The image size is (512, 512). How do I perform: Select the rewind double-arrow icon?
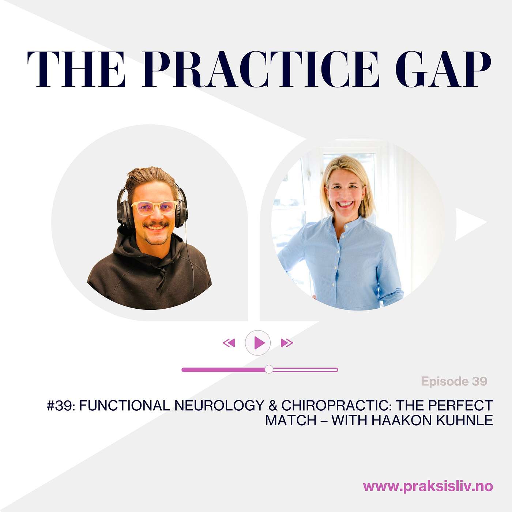[229, 343]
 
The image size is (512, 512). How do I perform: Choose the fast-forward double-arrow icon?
[287, 343]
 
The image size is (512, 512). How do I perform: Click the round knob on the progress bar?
[269, 369]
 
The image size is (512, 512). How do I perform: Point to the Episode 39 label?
[454, 381]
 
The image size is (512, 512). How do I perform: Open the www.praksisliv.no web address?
[428, 486]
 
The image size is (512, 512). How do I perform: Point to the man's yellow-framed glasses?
[154, 208]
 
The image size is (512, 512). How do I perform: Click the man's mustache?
[156, 225]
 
